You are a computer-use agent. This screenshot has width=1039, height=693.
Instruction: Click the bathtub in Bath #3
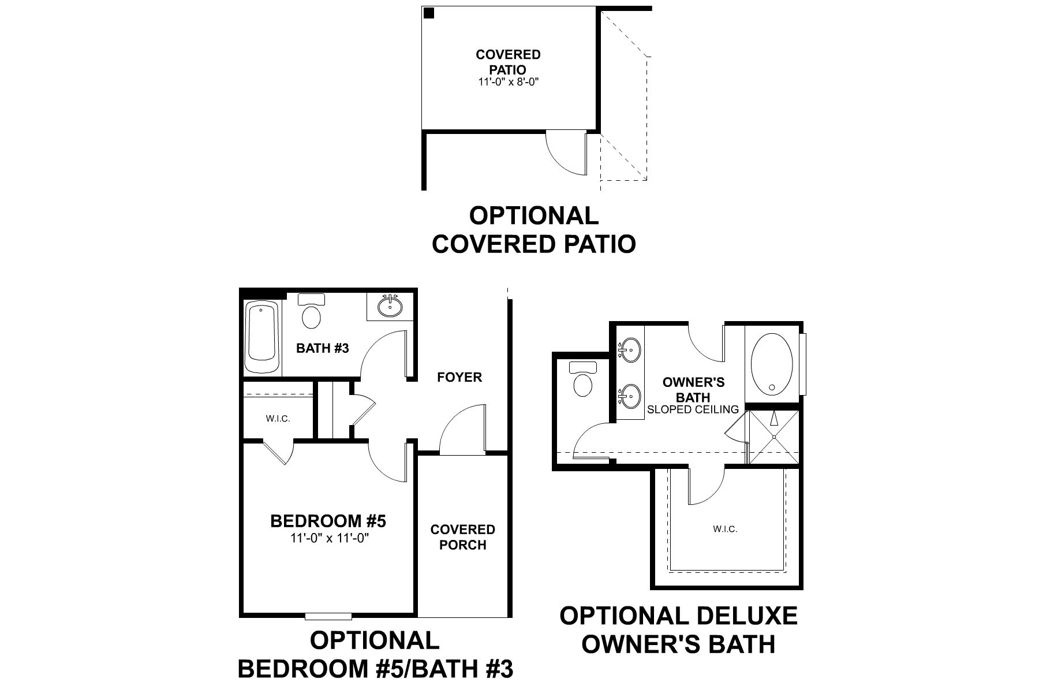click(x=262, y=338)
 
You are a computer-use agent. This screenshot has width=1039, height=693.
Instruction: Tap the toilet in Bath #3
click(x=312, y=312)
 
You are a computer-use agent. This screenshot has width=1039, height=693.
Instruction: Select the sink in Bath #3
click(x=391, y=306)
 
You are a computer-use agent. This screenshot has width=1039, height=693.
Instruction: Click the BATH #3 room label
click(x=323, y=348)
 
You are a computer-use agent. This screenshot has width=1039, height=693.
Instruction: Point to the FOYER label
click(x=459, y=378)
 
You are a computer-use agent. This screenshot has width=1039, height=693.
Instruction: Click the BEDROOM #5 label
click(x=328, y=521)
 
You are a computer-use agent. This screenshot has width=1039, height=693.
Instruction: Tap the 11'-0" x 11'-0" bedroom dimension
click(x=329, y=538)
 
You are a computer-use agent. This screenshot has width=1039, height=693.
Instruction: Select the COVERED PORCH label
click(x=462, y=537)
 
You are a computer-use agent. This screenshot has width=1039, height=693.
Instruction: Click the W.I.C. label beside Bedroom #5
click(x=278, y=419)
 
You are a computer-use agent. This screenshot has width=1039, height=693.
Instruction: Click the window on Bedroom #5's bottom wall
click(x=328, y=616)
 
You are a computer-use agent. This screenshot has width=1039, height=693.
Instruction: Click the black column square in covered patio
click(x=429, y=13)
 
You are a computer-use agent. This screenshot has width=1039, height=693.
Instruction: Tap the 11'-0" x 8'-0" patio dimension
click(x=508, y=82)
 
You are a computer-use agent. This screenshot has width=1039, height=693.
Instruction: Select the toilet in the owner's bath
click(x=582, y=379)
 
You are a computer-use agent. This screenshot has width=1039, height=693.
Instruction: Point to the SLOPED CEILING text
click(x=693, y=409)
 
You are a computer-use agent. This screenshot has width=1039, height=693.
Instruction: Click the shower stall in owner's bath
click(x=773, y=437)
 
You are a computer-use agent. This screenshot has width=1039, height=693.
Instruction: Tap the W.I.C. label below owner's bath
click(x=725, y=529)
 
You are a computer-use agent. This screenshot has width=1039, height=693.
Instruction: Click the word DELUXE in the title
click(x=747, y=616)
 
